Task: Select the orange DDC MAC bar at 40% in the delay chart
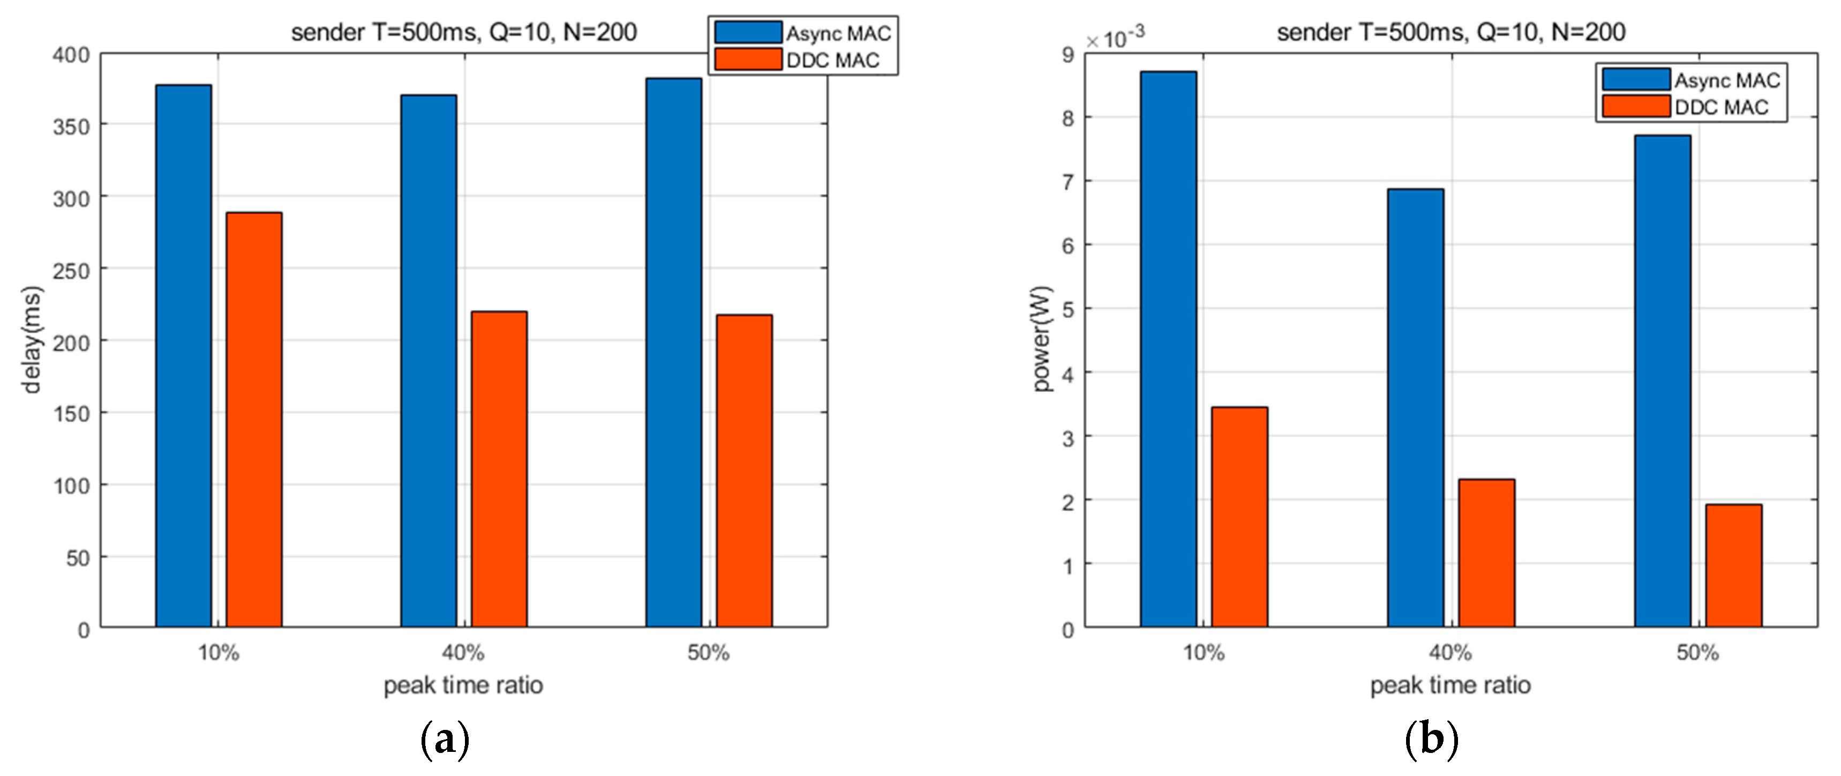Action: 499,469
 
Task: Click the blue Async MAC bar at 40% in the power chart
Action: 1415,408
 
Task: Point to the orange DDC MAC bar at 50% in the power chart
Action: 1733,566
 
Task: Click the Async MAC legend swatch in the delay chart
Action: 748,32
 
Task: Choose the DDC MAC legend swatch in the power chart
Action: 1635,106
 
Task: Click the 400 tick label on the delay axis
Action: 71,55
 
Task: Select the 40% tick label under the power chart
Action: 1450,652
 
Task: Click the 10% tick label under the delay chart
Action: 218,652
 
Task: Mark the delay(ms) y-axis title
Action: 32,340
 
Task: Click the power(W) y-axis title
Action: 1042,339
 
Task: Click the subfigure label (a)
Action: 445,740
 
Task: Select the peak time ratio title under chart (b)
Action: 1450,685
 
